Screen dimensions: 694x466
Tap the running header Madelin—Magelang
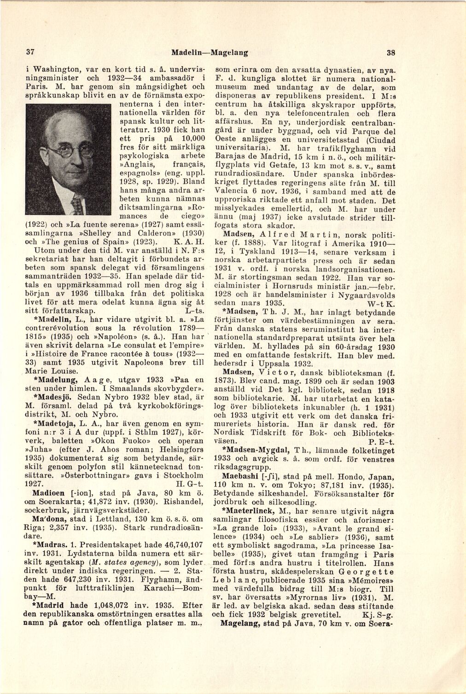point(209,52)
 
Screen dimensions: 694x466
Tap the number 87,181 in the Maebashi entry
point(330,486)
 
